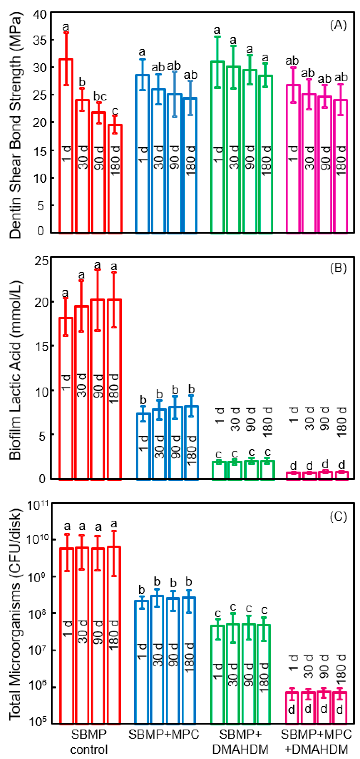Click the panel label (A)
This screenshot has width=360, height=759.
(338, 25)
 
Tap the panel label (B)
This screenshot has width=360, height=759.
(338, 268)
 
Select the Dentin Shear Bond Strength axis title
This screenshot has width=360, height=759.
(15, 125)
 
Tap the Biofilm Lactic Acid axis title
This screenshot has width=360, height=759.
(15, 370)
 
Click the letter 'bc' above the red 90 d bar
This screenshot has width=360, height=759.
(100, 96)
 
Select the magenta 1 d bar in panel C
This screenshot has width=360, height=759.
(292, 707)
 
